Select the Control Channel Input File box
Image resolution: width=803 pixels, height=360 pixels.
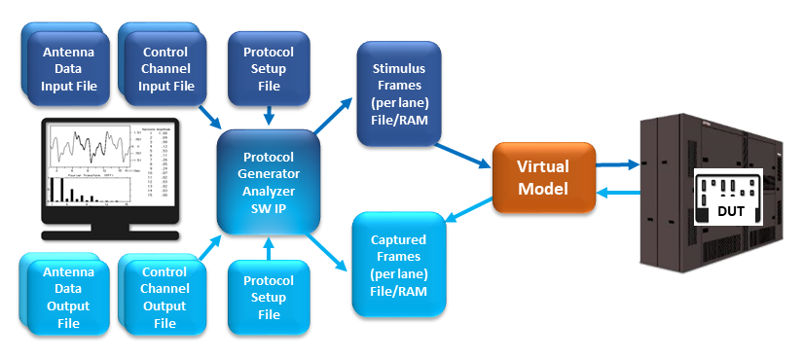[x=166, y=69]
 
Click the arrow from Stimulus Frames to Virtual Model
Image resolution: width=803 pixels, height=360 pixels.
[x=463, y=156]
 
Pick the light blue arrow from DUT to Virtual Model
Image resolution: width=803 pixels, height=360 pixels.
[x=616, y=193]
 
